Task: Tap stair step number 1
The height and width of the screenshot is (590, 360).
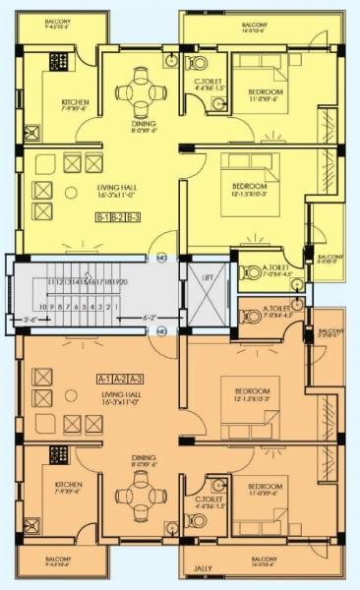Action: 117,306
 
